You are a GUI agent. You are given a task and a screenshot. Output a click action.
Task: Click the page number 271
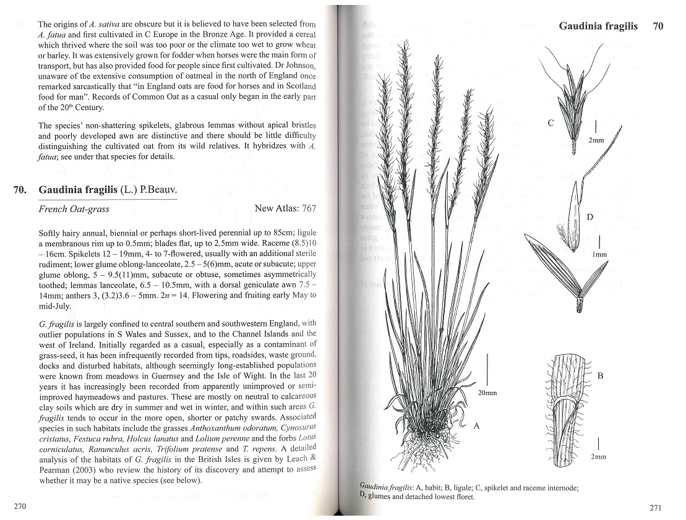pos(656,508)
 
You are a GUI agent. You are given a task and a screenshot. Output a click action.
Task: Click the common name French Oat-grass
pos(74,209)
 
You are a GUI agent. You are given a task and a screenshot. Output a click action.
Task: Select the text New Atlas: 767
pos(285,208)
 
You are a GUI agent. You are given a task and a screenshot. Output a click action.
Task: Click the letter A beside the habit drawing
pos(476,425)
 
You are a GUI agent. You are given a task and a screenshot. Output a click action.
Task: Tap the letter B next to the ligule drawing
pos(599,375)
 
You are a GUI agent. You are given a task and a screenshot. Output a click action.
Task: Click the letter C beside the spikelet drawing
pos(551,123)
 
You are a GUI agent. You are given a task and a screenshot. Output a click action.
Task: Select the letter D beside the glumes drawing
pos(590,217)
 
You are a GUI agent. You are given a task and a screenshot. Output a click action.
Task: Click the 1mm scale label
pos(599,254)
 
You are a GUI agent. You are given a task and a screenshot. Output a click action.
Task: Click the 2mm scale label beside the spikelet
pos(596,140)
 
